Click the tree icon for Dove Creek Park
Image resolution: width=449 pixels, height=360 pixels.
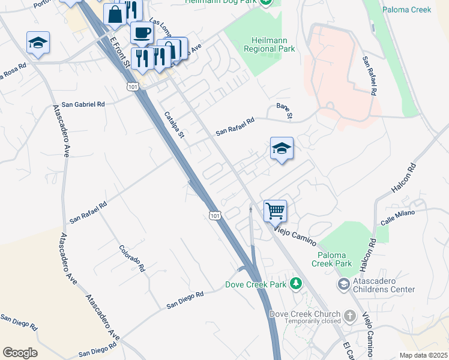point(295,283)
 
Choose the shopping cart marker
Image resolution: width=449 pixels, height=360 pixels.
point(275,211)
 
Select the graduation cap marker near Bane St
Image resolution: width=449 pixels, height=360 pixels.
point(282,149)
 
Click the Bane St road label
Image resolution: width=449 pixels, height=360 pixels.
point(284,110)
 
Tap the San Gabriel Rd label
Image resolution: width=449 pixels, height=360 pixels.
point(83,104)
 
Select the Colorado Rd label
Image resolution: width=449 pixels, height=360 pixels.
point(132,259)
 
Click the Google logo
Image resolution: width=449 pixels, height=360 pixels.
point(20,353)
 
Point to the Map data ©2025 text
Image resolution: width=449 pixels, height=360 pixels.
point(423,355)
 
